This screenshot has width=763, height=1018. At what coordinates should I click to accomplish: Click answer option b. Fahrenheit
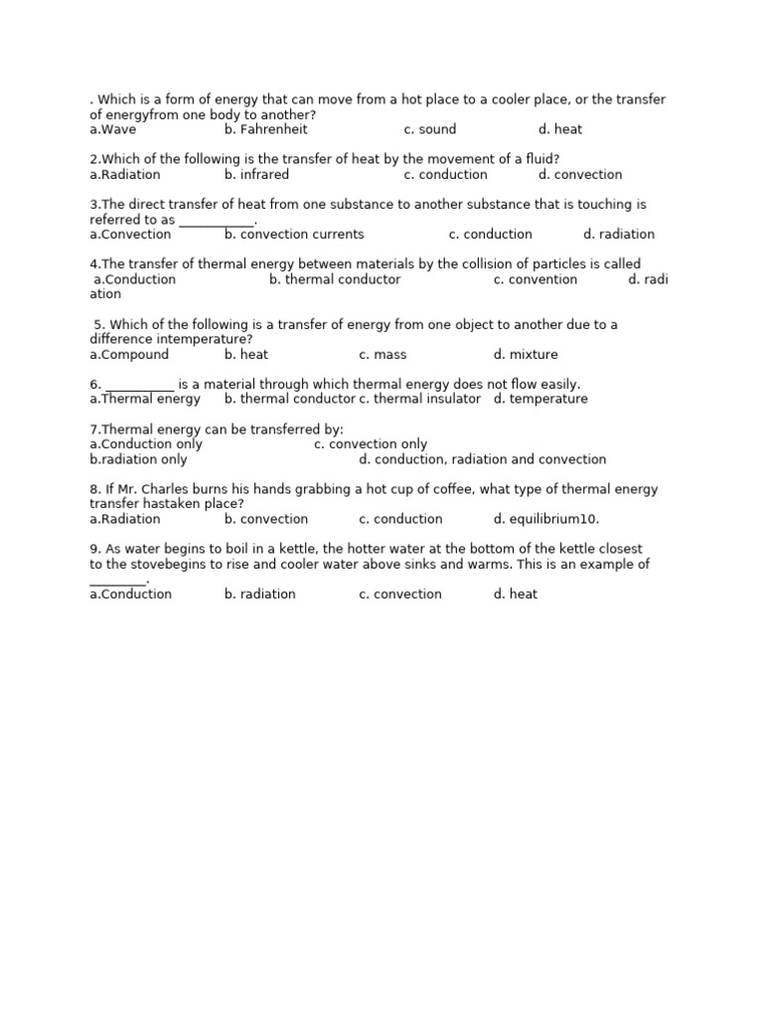pyautogui.click(x=265, y=129)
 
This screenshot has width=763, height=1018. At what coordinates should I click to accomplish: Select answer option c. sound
pyautogui.click(x=430, y=129)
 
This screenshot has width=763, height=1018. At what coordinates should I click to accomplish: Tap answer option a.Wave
pyautogui.click(x=113, y=129)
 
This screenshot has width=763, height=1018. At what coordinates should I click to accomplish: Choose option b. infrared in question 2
pyautogui.click(x=256, y=175)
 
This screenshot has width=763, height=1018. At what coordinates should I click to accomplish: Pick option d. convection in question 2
pyautogui.click(x=580, y=175)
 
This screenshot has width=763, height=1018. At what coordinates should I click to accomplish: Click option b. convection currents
pyautogui.click(x=294, y=235)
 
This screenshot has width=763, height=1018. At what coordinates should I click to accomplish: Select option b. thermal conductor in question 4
pyautogui.click(x=335, y=279)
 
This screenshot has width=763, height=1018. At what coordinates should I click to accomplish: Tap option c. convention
pyautogui.click(x=534, y=279)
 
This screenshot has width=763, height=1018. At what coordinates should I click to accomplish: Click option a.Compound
pyautogui.click(x=129, y=355)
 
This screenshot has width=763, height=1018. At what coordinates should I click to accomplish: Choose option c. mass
pyautogui.click(x=382, y=355)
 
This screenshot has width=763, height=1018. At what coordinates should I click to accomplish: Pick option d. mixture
pyautogui.click(x=526, y=355)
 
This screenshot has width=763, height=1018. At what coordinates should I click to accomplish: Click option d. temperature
pyautogui.click(x=540, y=400)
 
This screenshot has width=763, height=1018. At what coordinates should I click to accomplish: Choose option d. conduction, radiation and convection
pyautogui.click(x=482, y=459)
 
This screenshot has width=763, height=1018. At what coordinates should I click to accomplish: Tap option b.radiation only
pyautogui.click(x=138, y=459)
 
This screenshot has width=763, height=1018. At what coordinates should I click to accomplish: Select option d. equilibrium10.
pyautogui.click(x=546, y=519)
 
